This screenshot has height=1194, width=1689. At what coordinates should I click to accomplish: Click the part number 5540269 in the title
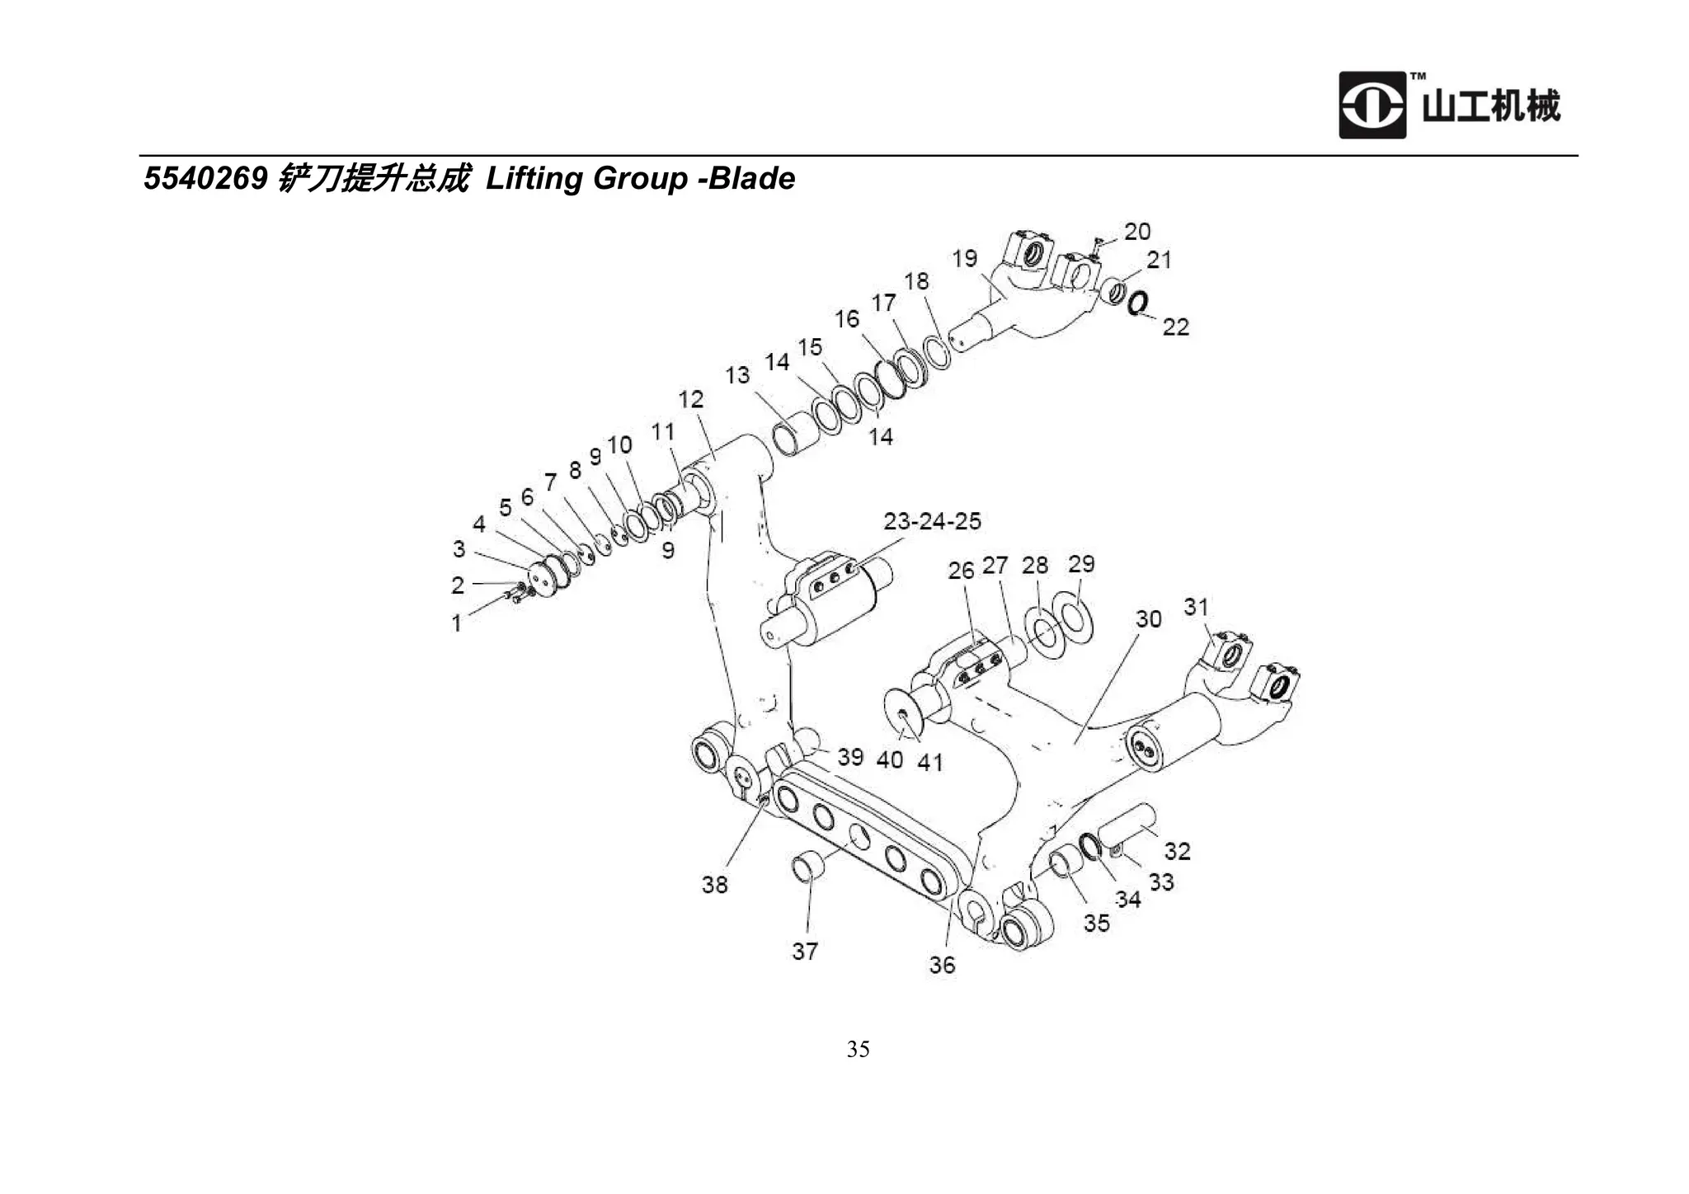(205, 179)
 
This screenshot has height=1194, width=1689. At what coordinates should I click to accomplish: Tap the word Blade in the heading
(751, 179)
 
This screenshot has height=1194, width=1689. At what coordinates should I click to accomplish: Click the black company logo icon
(1371, 106)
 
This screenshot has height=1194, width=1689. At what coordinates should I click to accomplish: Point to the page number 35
(858, 1049)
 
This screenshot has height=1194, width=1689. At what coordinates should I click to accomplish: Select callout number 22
(1175, 327)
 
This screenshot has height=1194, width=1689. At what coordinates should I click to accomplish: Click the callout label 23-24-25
(932, 521)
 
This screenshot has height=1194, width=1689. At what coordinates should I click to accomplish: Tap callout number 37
(805, 952)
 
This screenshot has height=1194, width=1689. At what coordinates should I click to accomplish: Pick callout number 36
(942, 965)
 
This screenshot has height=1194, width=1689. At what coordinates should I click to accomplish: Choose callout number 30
(1148, 619)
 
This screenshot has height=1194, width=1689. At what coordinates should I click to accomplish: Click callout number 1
(456, 623)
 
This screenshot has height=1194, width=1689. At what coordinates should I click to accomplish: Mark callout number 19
(964, 259)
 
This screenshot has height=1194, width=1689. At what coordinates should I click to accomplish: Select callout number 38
(714, 885)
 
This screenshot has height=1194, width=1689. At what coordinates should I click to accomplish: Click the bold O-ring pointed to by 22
(1136, 304)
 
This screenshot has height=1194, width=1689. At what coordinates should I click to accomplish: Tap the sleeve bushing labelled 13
(796, 439)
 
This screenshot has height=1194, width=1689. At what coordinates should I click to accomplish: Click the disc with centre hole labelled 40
(906, 715)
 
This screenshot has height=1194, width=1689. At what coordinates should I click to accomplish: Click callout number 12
(691, 400)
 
